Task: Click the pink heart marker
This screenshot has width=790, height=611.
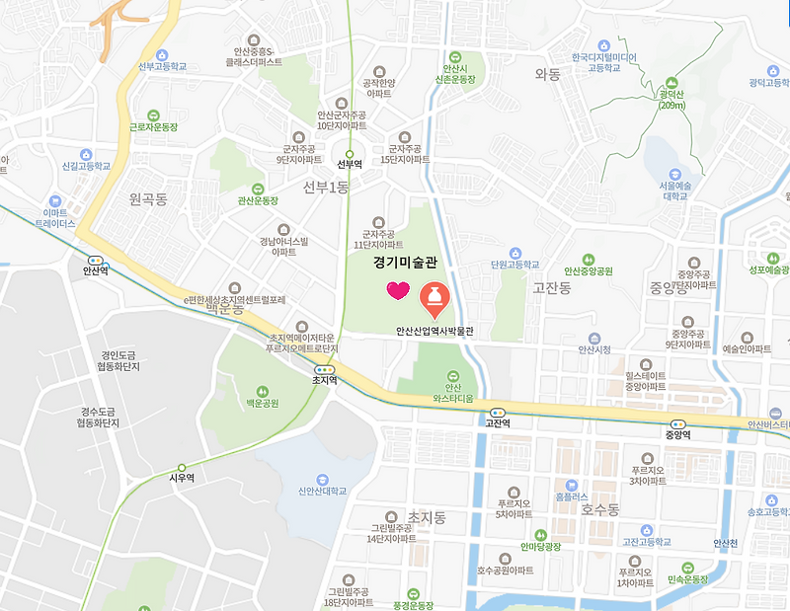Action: [397, 290]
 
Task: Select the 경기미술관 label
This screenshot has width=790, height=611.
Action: [406, 263]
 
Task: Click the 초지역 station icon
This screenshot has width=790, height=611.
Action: [324, 366]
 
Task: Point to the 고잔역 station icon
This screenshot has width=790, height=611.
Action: [497, 413]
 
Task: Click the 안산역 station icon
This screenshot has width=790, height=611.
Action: [95, 260]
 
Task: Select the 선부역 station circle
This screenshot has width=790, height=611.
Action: [349, 153]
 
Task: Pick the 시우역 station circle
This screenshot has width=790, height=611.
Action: [182, 467]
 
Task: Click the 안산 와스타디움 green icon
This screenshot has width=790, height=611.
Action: [452, 375]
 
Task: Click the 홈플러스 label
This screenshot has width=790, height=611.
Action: [571, 496]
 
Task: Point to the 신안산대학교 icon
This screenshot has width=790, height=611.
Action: [319, 474]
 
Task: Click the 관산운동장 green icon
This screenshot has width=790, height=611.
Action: [258, 188]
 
